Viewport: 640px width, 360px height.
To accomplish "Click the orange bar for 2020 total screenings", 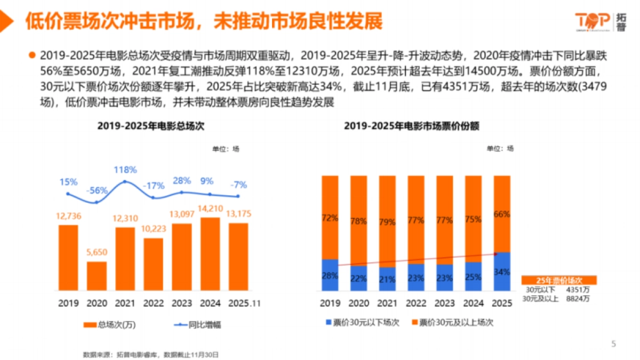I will (97, 276).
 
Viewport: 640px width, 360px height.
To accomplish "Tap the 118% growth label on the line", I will (125, 170).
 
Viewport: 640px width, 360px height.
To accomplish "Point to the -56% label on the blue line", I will (97, 190).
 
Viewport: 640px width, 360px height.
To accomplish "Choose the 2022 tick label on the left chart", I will (154, 303).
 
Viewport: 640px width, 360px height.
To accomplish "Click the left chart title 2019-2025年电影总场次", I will (150, 126).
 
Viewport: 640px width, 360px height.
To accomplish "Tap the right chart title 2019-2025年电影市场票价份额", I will (411, 126).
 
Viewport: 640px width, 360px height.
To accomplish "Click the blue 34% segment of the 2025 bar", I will (501, 271).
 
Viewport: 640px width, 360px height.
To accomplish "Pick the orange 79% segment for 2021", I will (387, 221).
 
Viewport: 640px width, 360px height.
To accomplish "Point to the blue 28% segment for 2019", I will (330, 275).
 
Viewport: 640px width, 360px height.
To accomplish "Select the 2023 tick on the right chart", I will (444, 303).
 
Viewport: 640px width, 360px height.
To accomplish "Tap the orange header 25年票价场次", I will (558, 280).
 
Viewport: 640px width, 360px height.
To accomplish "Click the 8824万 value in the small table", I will (581, 299).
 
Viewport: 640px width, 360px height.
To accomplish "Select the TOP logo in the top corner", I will (592, 21).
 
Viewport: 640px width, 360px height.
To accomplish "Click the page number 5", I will (613, 344).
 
